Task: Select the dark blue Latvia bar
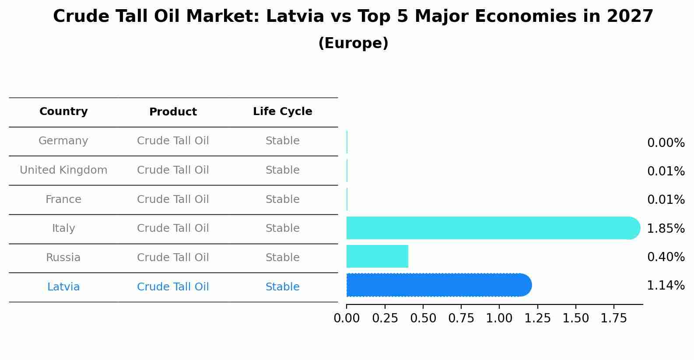point(438,285)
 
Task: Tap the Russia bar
point(377,256)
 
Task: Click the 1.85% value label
point(666,228)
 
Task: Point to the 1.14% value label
point(666,286)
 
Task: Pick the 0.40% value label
point(666,257)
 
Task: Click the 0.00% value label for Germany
point(666,143)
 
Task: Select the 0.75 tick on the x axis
point(461,318)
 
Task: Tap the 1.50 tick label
point(575,318)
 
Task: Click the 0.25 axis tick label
point(385,318)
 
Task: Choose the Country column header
point(63,112)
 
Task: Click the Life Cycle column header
point(282,112)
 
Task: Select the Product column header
point(173,112)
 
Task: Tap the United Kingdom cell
point(63,170)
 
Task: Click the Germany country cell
point(63,141)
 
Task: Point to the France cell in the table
point(63,199)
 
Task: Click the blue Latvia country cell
point(63,287)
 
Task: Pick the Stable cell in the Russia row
point(282,258)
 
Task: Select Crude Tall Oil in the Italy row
point(173,228)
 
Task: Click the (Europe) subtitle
point(353,43)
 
